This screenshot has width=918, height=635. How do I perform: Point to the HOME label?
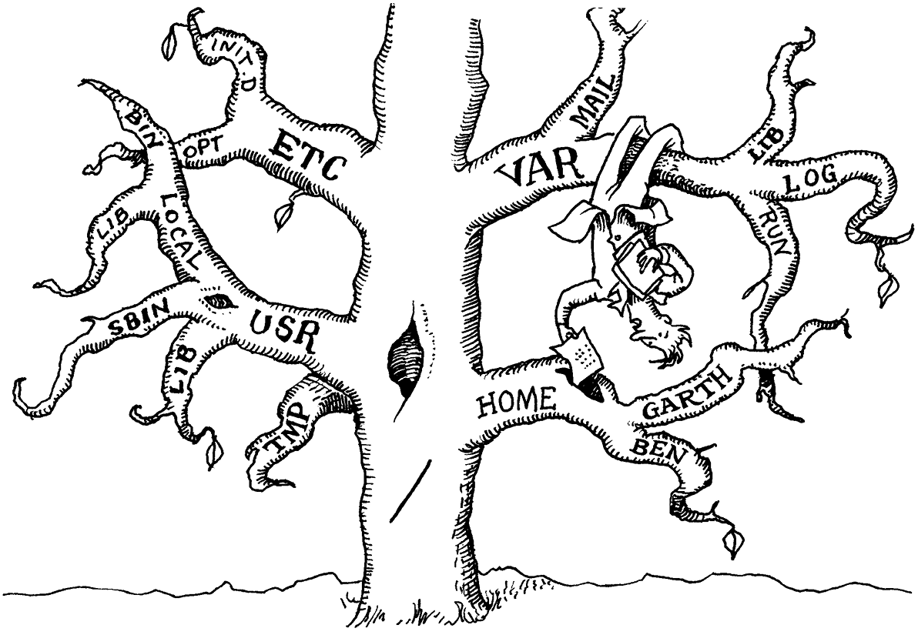tap(516, 402)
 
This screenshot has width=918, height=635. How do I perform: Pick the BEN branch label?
tap(658, 450)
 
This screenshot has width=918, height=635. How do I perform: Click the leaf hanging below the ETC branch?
tap(284, 213)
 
